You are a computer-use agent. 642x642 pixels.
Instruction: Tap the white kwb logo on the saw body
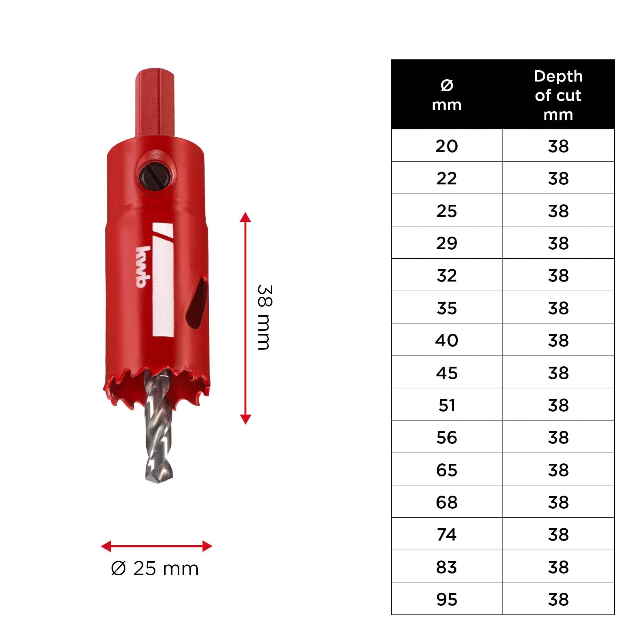[143, 267]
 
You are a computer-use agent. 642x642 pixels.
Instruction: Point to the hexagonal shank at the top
[155, 103]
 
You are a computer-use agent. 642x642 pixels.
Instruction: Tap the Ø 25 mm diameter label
[155, 568]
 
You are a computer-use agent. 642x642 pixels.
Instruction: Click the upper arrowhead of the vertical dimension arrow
[245, 217]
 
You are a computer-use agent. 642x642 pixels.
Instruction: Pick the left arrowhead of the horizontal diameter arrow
[106, 546]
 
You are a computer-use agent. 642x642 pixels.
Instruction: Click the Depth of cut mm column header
[558, 95]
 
